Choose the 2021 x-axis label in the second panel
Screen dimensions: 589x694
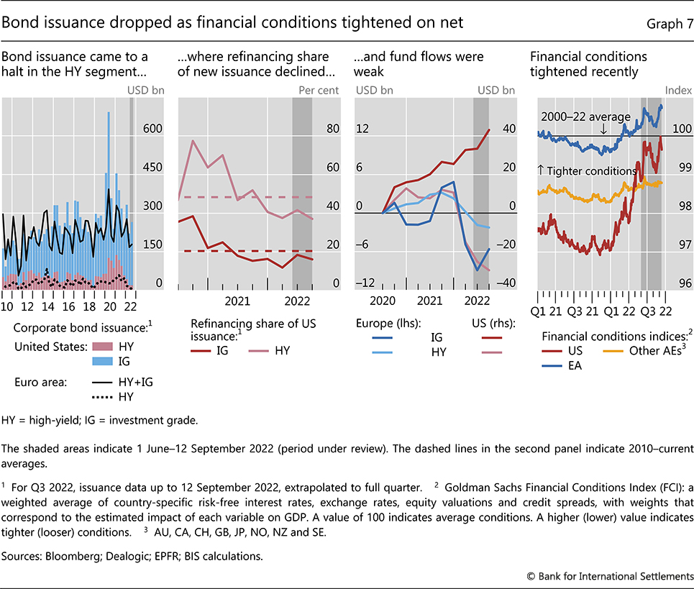(237, 301)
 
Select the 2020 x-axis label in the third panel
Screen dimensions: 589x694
(383, 301)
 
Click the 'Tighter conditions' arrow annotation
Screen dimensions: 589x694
(586, 171)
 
